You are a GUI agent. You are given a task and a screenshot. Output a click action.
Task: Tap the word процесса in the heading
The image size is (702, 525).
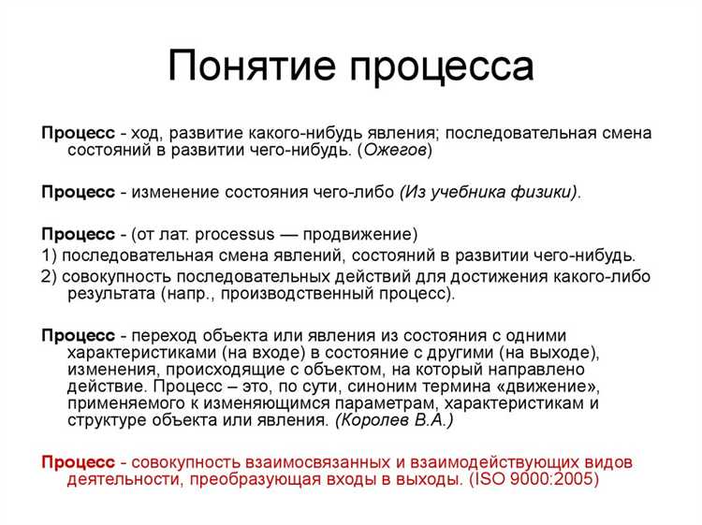coord(443,67)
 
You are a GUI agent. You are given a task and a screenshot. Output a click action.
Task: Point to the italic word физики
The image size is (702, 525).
coord(543,192)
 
